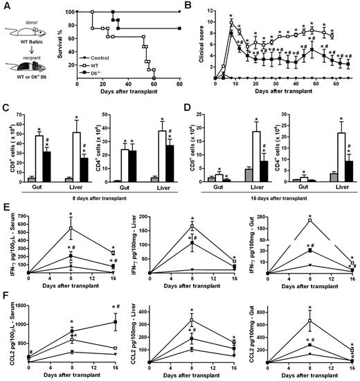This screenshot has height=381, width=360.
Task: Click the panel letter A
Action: [6, 6]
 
